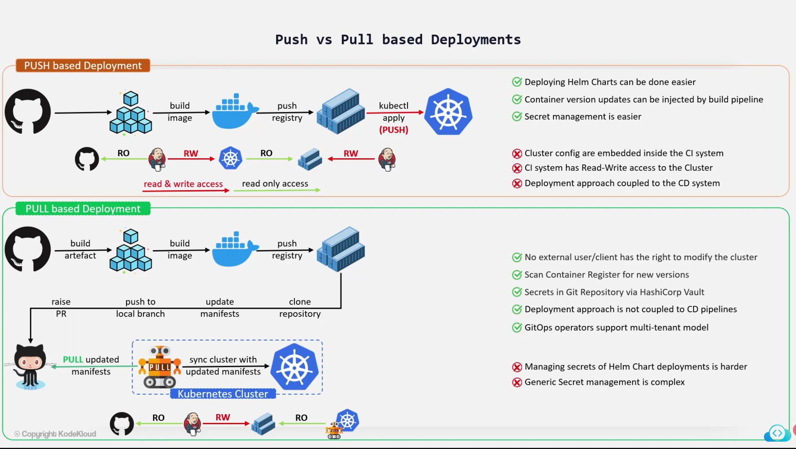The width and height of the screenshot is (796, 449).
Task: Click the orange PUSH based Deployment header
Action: click(x=83, y=66)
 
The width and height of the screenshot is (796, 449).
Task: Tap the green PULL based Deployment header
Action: click(x=83, y=209)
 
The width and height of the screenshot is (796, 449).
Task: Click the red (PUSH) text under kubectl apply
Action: click(x=393, y=130)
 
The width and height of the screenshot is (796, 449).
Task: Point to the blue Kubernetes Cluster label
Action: click(x=223, y=394)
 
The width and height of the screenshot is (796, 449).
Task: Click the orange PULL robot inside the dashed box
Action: click(x=160, y=367)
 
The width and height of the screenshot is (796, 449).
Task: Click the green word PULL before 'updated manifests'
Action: click(x=73, y=360)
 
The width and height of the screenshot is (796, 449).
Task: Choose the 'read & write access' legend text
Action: click(x=183, y=184)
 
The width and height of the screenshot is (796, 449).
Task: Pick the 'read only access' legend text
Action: click(x=275, y=183)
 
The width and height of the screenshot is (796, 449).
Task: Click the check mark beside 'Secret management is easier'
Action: click(x=517, y=117)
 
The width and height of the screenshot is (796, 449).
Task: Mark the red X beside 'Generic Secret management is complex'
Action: click(x=517, y=383)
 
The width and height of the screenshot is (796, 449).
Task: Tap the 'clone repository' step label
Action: click(x=300, y=308)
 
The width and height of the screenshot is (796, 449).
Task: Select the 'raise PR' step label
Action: click(x=61, y=308)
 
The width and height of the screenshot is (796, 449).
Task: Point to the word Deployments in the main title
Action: click(x=476, y=40)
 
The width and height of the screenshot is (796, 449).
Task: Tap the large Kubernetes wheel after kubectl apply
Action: click(x=448, y=112)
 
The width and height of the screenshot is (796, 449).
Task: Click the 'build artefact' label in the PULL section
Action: click(x=80, y=250)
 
